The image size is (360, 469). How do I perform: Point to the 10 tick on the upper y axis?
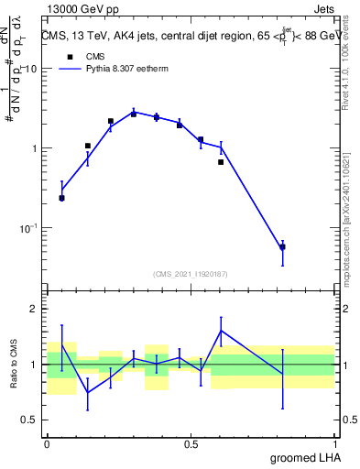tap(34, 69)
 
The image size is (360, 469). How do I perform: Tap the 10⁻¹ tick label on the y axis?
tap(28, 228)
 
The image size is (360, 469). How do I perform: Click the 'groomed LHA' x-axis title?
tap(301, 457)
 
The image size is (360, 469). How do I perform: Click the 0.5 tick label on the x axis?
tap(191, 443)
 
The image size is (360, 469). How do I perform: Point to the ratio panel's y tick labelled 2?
tap(34, 309)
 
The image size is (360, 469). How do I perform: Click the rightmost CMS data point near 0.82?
tap(282, 247)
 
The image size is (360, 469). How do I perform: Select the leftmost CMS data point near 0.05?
tap(61, 198)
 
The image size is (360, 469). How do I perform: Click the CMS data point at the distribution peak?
tap(134, 114)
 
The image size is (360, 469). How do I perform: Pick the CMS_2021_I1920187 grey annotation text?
tap(191, 274)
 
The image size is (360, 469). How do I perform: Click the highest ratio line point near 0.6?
tap(221, 331)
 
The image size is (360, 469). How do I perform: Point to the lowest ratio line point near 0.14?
tap(88, 393)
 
